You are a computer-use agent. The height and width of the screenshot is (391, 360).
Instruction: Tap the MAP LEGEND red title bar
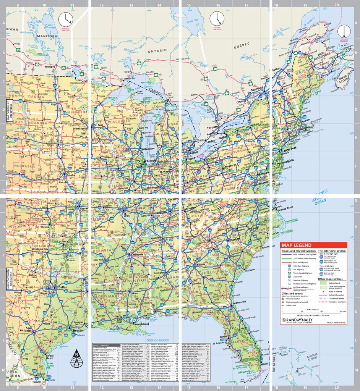point(313,245)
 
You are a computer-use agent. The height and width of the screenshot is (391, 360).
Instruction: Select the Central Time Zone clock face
point(65,19)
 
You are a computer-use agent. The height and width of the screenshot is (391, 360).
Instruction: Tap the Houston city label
point(78,330)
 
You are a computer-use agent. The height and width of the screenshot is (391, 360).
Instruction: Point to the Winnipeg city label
point(49,67)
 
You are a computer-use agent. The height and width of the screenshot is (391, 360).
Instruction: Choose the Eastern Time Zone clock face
point(217,18)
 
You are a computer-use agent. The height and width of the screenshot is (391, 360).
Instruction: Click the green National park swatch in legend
point(322,283)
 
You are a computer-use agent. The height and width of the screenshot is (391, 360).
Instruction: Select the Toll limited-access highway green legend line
point(291,259)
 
